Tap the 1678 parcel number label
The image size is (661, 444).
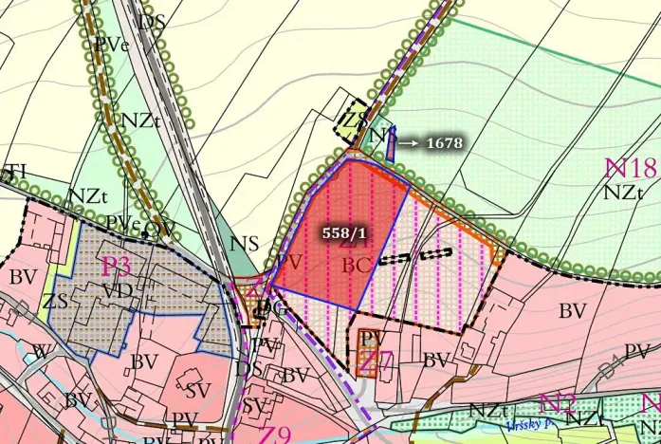tap(444, 143)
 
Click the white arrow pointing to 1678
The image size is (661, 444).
tap(409, 143)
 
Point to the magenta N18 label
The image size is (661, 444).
tap(631, 169)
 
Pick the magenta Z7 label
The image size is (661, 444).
tap(376, 361)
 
